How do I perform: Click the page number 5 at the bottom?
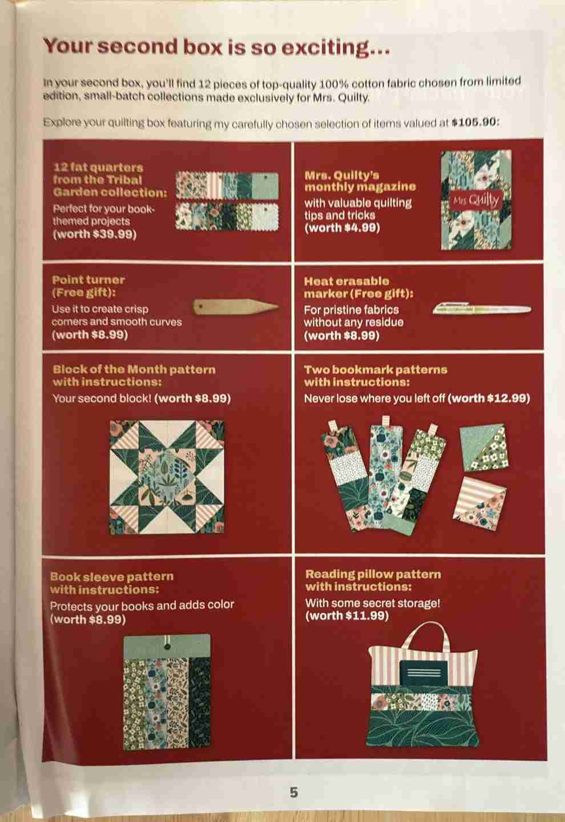[294, 792]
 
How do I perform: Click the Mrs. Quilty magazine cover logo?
[476, 200]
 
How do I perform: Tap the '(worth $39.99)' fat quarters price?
[95, 234]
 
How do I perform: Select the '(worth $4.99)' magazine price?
[342, 228]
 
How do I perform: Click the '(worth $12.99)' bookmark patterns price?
[489, 398]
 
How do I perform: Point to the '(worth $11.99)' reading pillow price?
[347, 615]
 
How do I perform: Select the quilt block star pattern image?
[167, 477]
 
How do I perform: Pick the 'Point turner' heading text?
[88, 280]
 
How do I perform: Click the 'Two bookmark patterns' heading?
[376, 369]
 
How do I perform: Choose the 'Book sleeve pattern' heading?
[112, 576]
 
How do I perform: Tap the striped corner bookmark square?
[479, 504]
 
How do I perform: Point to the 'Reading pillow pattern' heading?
[373, 574]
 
